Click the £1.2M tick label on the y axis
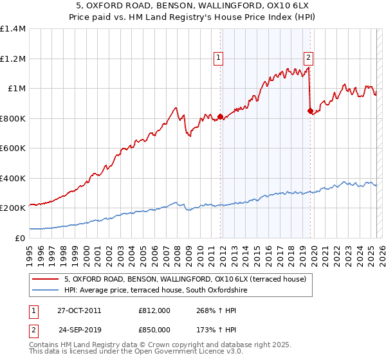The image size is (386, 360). (13, 59)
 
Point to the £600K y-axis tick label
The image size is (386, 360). (13, 148)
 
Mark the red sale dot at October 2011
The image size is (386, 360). (221, 117)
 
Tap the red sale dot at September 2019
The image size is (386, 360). (311, 111)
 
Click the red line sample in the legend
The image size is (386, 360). (45, 278)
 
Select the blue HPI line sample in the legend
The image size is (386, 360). (45, 291)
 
